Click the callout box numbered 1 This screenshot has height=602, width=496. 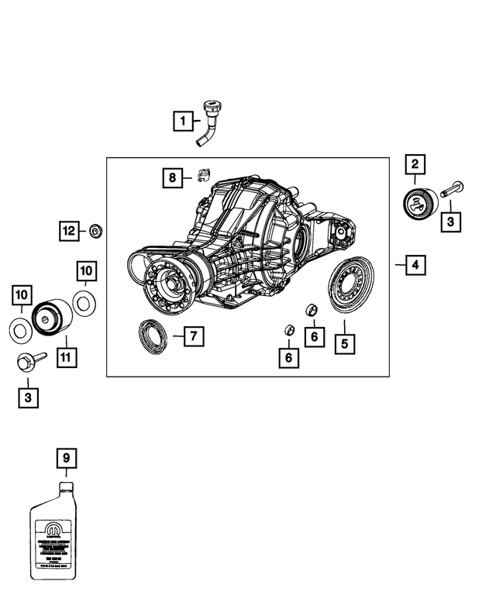pos(182,121)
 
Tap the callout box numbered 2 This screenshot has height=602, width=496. pos(415,164)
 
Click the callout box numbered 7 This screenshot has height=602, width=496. pos(192,336)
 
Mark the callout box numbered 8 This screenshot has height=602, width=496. pos(172,178)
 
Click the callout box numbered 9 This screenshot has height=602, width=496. pos(67,459)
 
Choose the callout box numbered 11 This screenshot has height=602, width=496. pos(65,359)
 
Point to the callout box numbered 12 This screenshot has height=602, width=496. pos(70,230)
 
